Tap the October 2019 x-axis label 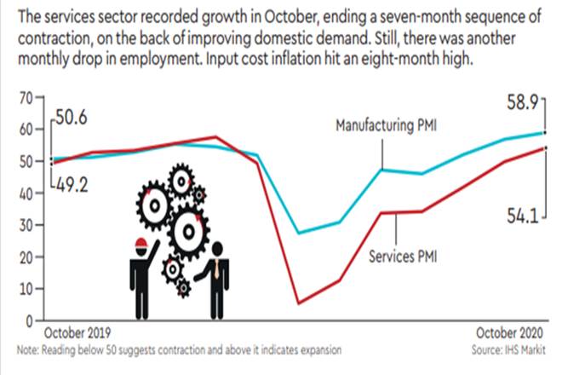coord(77,335)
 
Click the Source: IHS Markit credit coord(511,349)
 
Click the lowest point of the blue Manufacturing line coord(297,233)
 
